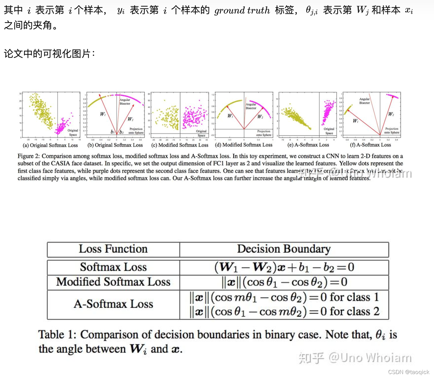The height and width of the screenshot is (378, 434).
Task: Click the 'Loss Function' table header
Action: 113,249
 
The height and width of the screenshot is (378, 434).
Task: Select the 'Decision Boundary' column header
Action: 284,249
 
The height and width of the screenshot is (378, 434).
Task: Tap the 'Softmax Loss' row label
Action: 113,267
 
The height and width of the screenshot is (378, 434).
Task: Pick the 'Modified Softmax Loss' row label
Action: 113,282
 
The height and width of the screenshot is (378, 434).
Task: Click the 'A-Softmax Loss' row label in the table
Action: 113,304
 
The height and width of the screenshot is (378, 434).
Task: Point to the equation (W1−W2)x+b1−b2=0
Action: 284,267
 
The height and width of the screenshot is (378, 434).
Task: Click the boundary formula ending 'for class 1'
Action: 284,297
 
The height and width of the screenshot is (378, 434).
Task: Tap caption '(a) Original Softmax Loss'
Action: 50,145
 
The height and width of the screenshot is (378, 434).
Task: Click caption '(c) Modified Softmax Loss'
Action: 180,145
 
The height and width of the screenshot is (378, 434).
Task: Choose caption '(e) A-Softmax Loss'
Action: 308,145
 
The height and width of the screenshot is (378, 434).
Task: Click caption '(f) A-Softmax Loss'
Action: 371,145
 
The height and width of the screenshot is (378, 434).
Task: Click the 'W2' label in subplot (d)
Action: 260,117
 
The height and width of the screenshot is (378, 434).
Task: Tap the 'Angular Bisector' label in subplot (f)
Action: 364,101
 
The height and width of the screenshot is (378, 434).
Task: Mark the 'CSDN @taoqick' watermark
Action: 409,372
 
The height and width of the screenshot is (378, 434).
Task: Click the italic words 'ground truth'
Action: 242,11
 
